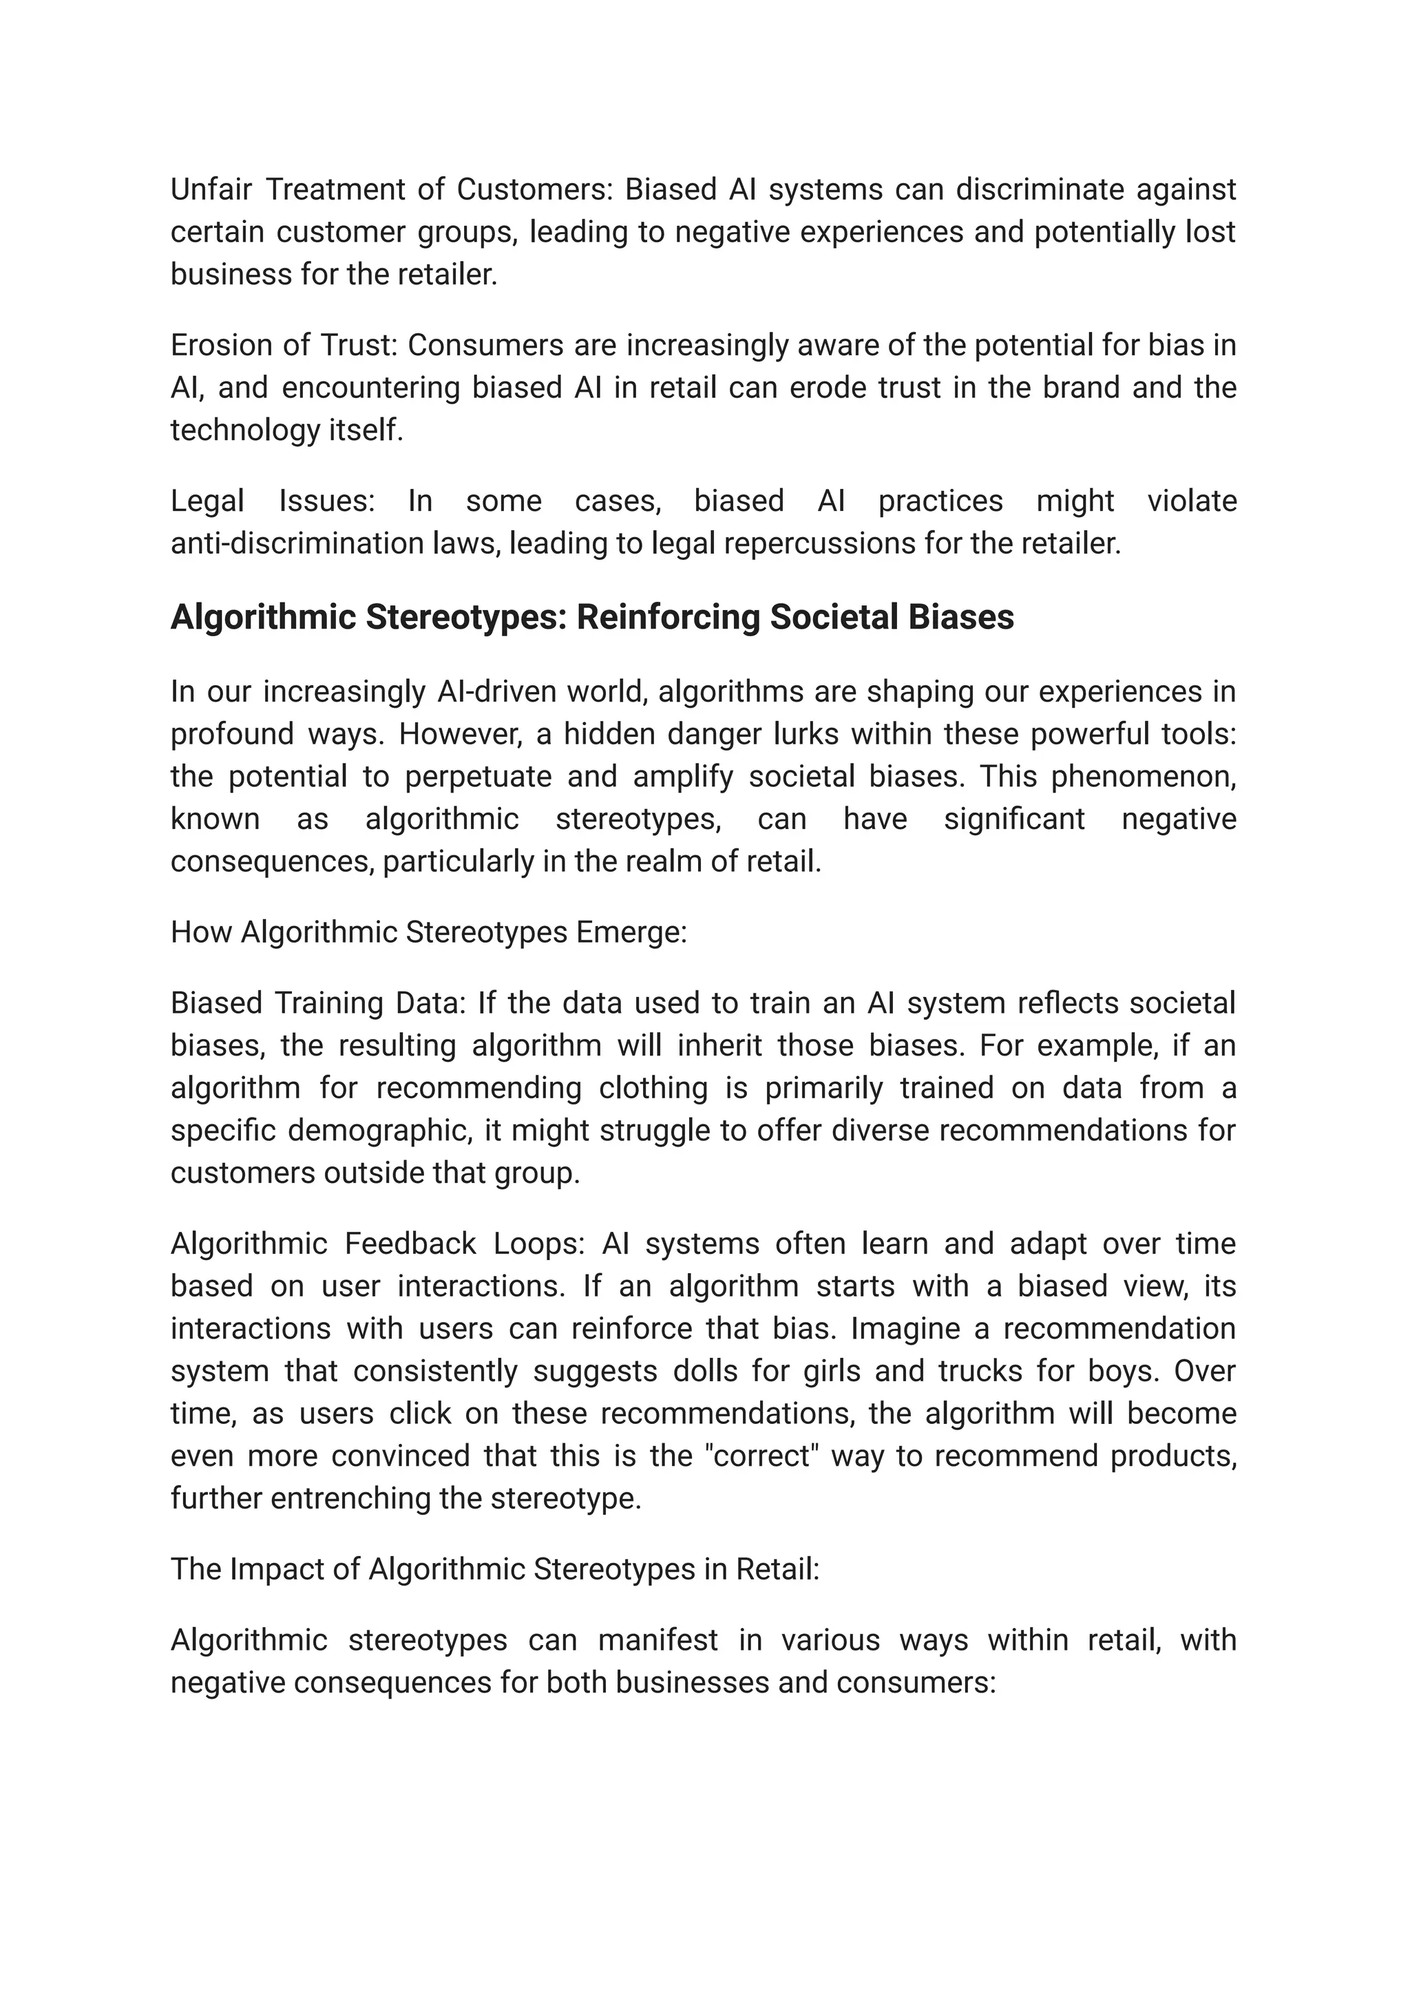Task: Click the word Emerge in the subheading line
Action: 642,932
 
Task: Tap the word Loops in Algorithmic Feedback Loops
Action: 539,1244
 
